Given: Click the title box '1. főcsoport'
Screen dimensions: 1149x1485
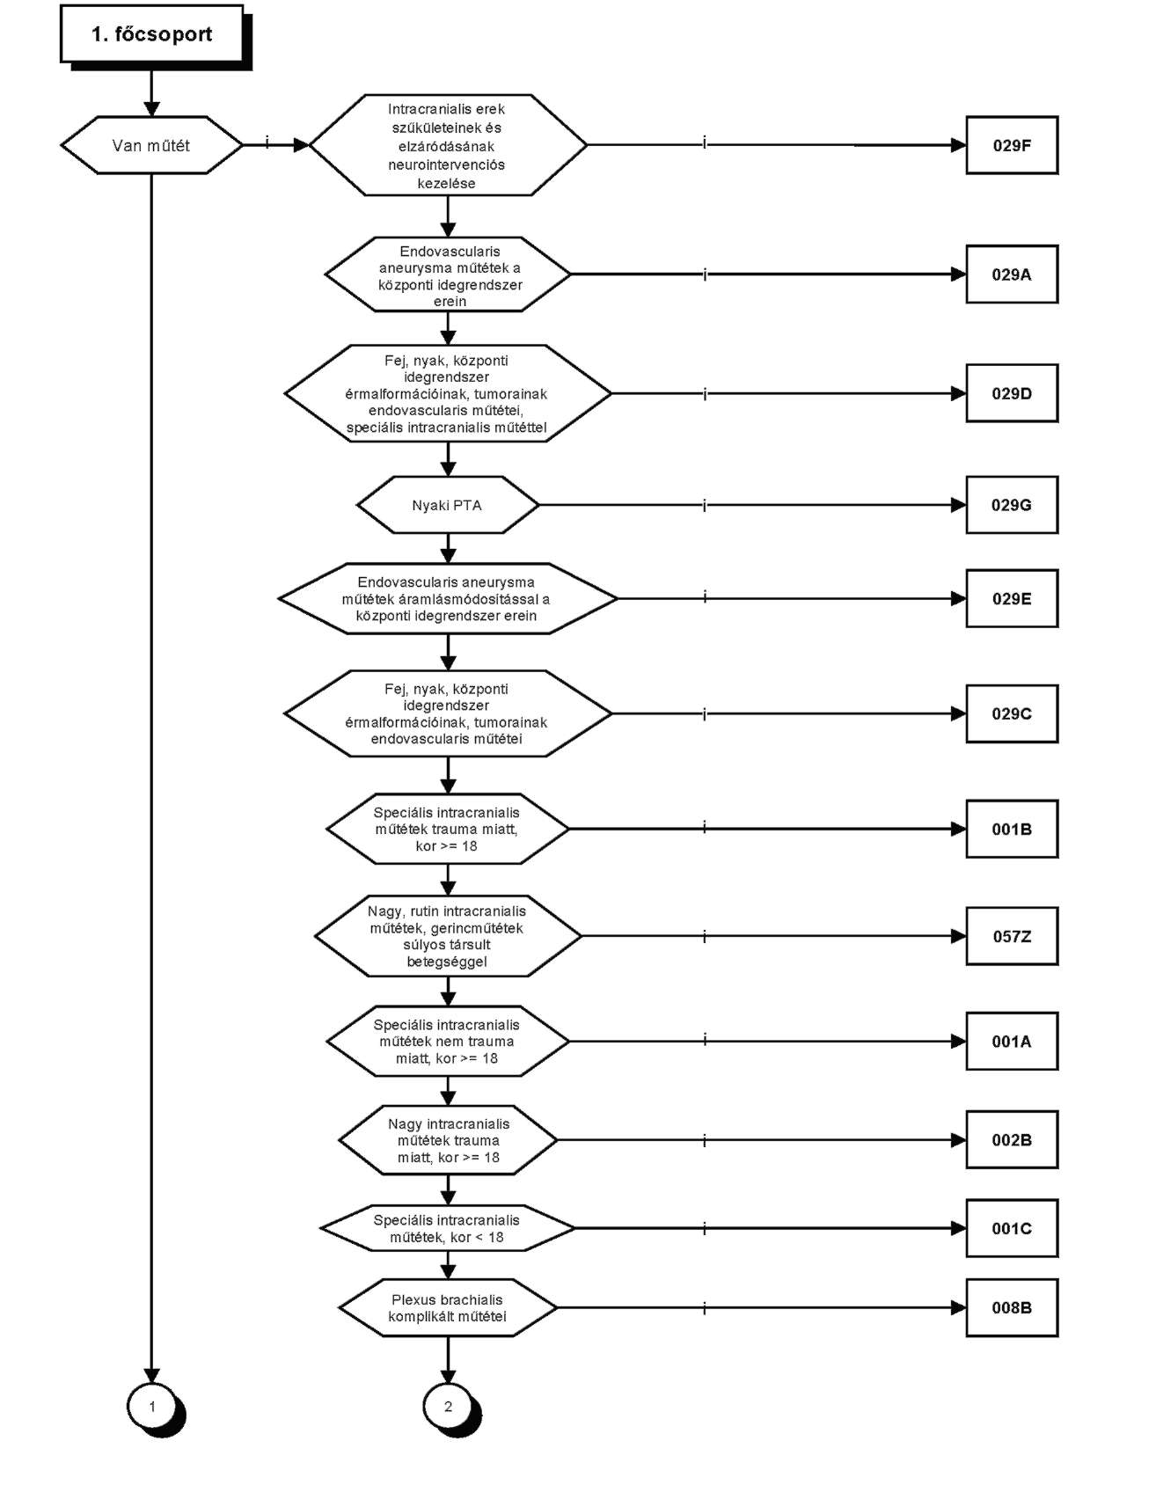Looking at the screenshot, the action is tap(152, 34).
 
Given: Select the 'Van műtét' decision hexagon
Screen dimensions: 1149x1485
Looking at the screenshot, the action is tap(151, 145).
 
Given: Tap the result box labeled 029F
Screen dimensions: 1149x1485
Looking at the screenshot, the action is tap(1012, 145).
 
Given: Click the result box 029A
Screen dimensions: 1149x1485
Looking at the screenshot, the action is tap(1012, 274).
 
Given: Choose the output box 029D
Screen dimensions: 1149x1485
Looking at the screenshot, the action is tap(1012, 393).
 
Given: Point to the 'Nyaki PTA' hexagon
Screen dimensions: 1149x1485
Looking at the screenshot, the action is tap(448, 505).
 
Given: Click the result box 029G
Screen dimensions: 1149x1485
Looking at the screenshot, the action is tap(1012, 505).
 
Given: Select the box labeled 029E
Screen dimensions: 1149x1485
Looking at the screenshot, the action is tap(1012, 598).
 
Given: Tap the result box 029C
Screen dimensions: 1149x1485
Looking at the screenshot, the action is tap(1012, 713).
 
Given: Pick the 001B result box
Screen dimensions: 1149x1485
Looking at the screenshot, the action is tap(1012, 829).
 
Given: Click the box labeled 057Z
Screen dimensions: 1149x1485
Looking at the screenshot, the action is tap(1012, 936).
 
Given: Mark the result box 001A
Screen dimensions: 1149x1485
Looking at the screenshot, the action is tap(1012, 1041).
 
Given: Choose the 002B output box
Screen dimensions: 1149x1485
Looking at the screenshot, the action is tap(1012, 1139).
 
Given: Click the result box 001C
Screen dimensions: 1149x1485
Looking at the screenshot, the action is tap(1012, 1228).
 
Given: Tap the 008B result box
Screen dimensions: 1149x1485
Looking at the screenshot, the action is tap(1012, 1307).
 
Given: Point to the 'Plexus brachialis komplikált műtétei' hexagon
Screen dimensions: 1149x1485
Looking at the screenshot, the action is tap(448, 1308).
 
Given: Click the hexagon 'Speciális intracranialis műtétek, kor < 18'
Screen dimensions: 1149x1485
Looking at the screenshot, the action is tap(448, 1228).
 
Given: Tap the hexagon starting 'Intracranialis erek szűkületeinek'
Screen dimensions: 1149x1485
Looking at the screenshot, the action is tap(448, 145).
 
